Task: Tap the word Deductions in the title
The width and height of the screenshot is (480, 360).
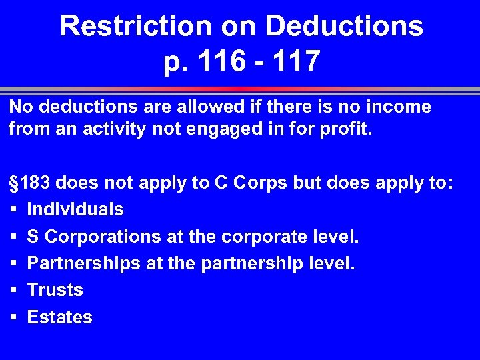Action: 344,27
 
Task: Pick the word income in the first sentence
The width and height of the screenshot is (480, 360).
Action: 397,106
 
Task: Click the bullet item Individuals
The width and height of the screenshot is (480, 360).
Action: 75,209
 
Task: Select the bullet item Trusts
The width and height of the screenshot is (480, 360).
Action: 55,290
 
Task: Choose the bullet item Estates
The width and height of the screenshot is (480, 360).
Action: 59,317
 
